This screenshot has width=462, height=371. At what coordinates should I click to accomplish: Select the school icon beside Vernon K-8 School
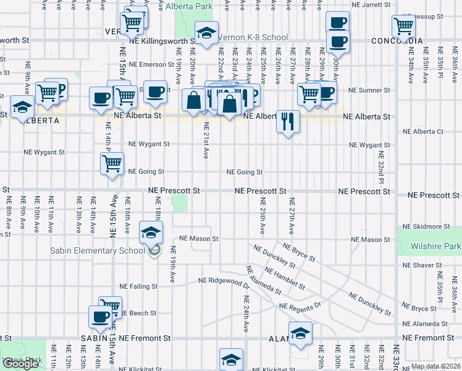pos(207,33)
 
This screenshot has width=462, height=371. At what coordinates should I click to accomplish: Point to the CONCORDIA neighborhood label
pos(397,41)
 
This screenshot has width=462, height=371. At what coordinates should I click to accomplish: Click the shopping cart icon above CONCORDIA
pos(403,27)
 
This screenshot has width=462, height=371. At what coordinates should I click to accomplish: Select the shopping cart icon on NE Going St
pos(112,164)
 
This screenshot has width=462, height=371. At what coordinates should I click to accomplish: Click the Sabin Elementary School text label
pos(101,250)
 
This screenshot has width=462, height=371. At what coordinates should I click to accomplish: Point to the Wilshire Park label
pos(436,246)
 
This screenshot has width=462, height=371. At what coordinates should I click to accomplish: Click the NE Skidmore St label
pos(423,227)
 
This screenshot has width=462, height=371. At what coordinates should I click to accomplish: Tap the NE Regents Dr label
pos(300,306)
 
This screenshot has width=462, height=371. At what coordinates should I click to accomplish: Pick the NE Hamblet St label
pos(284,279)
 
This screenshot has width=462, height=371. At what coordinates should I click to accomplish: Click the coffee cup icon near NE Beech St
pos(99,317)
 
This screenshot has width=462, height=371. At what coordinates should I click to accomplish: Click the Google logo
pos(21,364)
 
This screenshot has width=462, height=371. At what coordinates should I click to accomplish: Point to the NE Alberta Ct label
pos(423,132)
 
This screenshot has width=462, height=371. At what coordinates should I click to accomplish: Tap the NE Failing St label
pos(138,286)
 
